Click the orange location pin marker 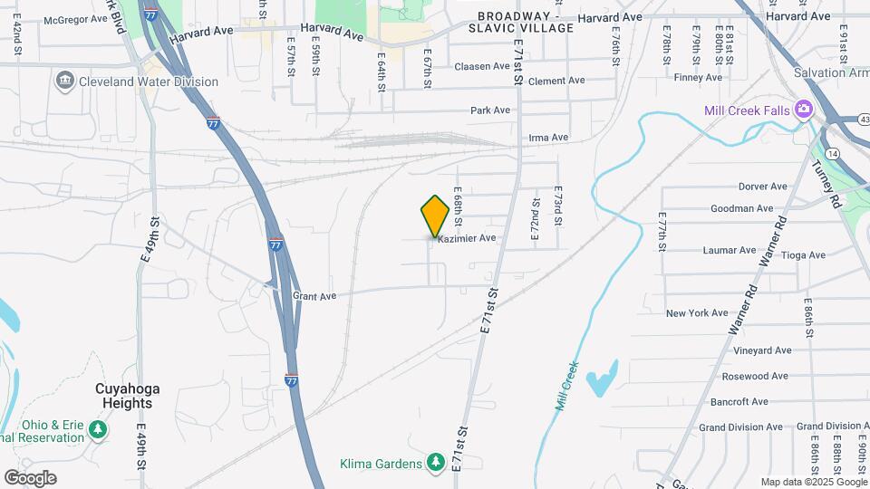435,216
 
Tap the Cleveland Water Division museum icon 65,81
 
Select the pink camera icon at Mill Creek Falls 803,110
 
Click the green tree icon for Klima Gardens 436,464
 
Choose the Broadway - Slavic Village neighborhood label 526,23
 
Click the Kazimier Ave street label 467,238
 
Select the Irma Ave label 547,138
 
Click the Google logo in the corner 30,478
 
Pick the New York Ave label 696,313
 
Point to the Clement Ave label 556,81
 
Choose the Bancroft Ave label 739,401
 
